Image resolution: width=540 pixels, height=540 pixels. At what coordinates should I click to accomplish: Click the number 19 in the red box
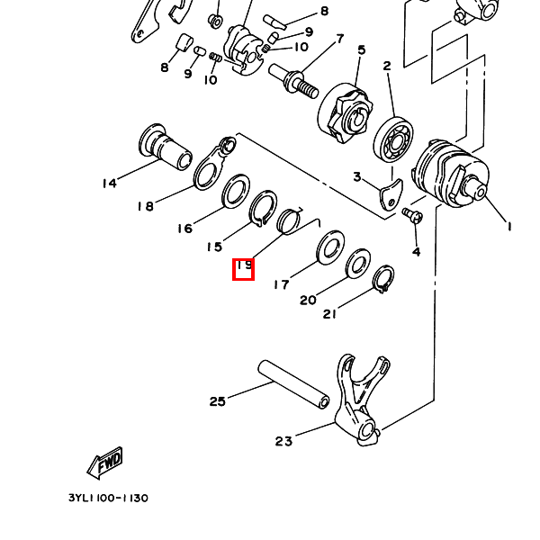click(245, 265)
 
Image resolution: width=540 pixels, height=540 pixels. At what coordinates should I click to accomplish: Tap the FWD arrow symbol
click(104, 463)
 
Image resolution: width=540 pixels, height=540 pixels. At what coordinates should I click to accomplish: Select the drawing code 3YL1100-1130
click(108, 498)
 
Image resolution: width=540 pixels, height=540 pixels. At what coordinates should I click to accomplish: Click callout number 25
click(217, 401)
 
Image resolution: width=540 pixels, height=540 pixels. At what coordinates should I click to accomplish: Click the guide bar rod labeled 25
click(293, 384)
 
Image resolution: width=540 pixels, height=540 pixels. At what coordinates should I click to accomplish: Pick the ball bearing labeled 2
click(393, 139)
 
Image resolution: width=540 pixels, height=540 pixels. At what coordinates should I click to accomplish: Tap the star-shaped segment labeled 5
click(346, 112)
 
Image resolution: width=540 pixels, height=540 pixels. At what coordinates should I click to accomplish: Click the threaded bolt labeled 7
click(293, 82)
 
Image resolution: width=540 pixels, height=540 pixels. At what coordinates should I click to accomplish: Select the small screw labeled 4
click(412, 215)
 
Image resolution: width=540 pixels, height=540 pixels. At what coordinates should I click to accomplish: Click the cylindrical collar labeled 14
click(166, 147)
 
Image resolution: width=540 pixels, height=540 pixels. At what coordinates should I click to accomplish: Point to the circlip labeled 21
click(384, 278)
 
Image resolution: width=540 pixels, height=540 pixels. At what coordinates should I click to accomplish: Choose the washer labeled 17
click(330, 247)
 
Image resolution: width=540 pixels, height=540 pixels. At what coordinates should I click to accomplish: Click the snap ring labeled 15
click(263, 209)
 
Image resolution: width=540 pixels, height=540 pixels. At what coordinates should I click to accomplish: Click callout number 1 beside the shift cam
click(509, 227)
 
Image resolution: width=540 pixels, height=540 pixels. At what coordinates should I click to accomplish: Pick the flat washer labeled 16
click(236, 192)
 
